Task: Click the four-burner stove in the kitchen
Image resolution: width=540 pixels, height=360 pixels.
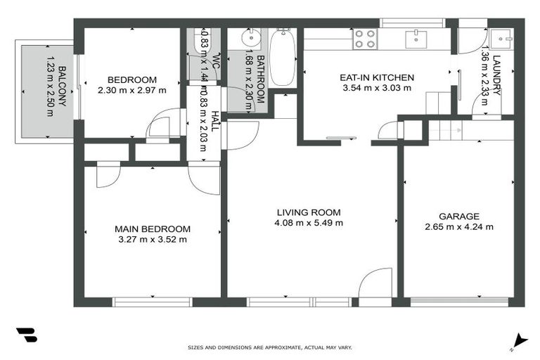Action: click(x=365, y=38)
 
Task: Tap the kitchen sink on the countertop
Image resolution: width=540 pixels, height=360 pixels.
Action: click(x=416, y=37)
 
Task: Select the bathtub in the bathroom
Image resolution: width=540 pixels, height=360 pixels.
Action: click(x=283, y=58)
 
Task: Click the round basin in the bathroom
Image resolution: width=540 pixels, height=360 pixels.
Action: click(x=251, y=37)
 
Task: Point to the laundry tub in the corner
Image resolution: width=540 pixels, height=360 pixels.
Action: click(x=502, y=38)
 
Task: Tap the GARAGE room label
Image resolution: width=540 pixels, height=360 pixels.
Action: click(x=458, y=217)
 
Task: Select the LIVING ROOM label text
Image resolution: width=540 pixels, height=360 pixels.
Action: click(x=309, y=212)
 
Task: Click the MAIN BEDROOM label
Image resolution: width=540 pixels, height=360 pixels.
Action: click(x=153, y=229)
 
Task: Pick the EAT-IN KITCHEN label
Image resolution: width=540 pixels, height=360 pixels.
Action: click(x=376, y=77)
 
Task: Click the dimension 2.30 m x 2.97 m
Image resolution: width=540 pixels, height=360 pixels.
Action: click(x=132, y=90)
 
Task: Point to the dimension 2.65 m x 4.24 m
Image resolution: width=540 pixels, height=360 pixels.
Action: click(x=458, y=227)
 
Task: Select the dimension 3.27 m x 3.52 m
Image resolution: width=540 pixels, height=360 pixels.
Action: click(x=153, y=240)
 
